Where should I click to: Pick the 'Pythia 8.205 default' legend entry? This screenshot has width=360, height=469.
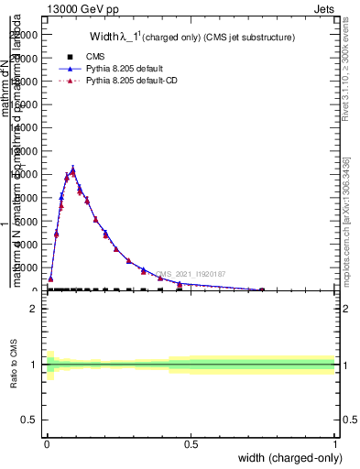[x=126, y=69]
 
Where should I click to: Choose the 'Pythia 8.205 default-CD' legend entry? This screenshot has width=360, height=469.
[x=134, y=82]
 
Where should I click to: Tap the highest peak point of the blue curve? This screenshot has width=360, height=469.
[x=73, y=168]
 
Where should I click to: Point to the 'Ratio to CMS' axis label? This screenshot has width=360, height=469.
[x=14, y=365]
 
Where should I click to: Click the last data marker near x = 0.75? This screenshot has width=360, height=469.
[x=262, y=289]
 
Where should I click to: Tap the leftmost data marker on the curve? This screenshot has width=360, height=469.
[x=50, y=278]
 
